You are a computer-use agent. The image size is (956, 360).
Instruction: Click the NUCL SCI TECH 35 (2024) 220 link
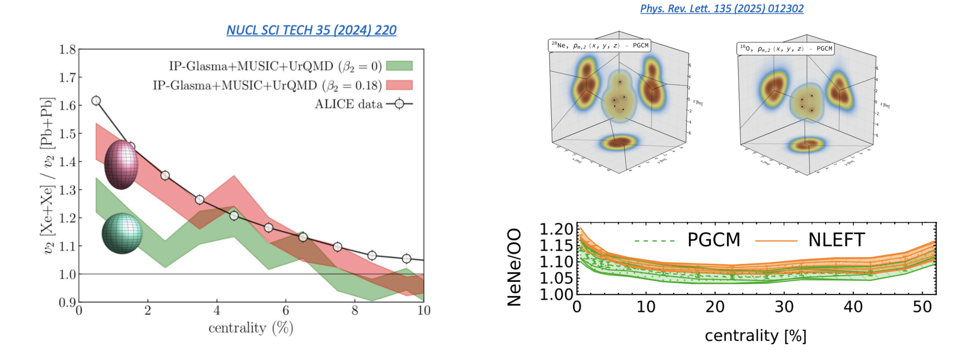[x=311, y=30]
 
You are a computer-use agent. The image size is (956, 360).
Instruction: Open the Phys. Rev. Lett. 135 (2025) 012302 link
[x=722, y=9]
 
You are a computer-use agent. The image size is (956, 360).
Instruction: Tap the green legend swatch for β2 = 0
[x=399, y=66]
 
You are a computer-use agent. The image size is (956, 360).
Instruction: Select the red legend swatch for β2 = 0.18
[x=399, y=85]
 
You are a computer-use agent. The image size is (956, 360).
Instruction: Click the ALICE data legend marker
[x=399, y=104]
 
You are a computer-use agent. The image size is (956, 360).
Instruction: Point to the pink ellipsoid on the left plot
[x=121, y=164]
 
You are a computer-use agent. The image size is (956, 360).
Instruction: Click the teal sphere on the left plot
[x=122, y=233]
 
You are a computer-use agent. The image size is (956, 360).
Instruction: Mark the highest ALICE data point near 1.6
[x=96, y=101]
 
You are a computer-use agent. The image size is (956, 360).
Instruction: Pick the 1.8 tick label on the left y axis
[x=67, y=49]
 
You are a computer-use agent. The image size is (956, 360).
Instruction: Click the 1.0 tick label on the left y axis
[x=67, y=274]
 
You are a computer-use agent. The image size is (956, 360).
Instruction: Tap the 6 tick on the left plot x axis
[x=286, y=311]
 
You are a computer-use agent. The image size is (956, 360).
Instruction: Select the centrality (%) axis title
[x=251, y=328]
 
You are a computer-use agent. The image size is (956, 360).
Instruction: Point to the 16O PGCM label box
[x=786, y=49]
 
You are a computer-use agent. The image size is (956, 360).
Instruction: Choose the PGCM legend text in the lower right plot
[x=714, y=240]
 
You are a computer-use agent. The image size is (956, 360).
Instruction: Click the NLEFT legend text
[x=836, y=240]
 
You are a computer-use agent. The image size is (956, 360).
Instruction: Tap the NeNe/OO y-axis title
[x=514, y=267]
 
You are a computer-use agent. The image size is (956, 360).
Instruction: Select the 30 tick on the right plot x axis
[x=784, y=307]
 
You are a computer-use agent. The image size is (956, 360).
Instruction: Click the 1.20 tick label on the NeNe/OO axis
[x=556, y=229]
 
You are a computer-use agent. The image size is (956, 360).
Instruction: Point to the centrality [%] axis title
[x=756, y=336]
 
